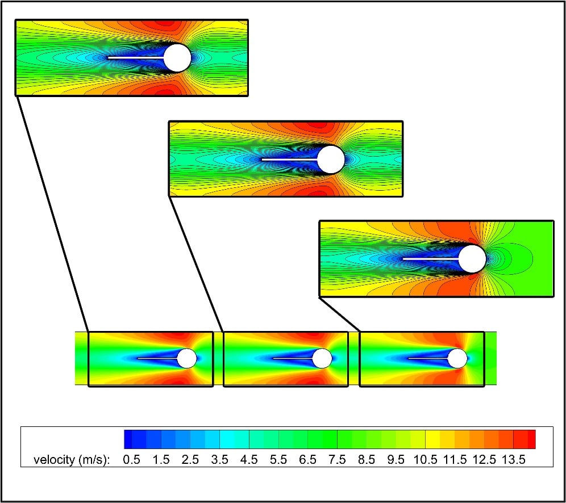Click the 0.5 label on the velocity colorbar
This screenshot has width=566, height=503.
point(131,460)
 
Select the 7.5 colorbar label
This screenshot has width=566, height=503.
point(337,460)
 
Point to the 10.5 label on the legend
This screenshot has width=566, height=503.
point(426,460)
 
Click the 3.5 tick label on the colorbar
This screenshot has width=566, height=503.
point(219,460)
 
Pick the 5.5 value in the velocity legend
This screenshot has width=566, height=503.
point(278,460)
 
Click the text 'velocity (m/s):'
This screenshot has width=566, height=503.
point(72,460)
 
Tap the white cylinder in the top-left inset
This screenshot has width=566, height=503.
point(177,58)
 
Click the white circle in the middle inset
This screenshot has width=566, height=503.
point(331,160)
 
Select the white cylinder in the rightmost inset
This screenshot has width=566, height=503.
point(472,259)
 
